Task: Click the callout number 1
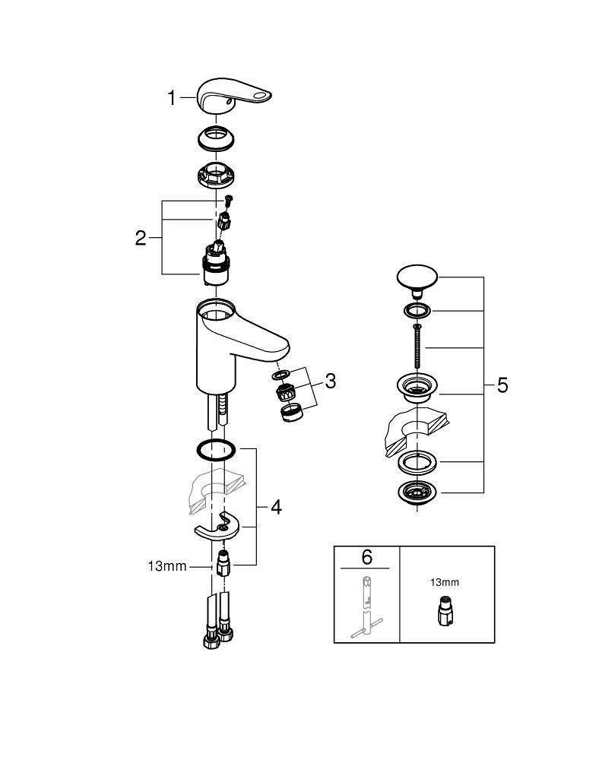tap(172, 98)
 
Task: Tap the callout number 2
tap(141, 238)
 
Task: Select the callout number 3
tap(330, 382)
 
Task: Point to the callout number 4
tap(276, 507)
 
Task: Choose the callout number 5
tap(502, 386)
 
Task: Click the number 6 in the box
tap(366, 557)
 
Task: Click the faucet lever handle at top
tap(233, 97)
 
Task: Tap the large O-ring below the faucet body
tap(217, 450)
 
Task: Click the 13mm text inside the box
tap(445, 582)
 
